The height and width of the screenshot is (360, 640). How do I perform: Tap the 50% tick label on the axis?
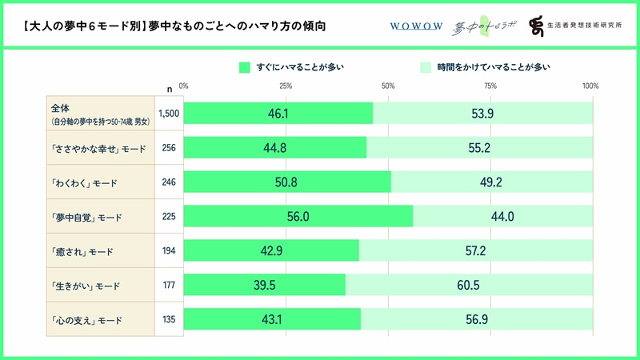tap(388, 86)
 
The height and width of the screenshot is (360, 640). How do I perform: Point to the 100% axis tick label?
tap(590, 86)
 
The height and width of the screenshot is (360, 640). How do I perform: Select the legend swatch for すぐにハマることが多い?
tap(245, 67)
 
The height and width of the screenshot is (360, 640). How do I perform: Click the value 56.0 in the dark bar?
tap(299, 217)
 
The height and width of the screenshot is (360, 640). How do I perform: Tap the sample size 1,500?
tap(169, 114)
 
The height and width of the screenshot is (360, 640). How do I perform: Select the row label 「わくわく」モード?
tap(83, 182)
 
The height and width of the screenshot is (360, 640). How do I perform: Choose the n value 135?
tap(169, 320)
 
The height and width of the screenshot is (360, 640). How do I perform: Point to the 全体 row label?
tap(61, 108)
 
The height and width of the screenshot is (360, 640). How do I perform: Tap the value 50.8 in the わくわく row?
tap(288, 182)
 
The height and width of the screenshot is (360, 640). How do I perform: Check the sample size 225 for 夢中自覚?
tap(169, 217)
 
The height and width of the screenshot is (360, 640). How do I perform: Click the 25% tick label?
tap(285, 86)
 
